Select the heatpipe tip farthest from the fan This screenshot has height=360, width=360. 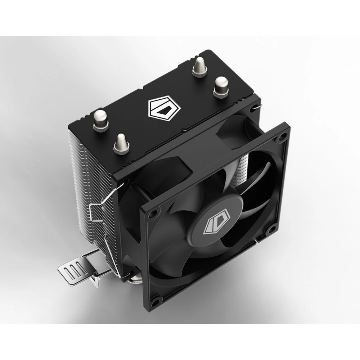pos(199,67)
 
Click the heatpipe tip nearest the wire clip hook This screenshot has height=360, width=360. pos(221,86)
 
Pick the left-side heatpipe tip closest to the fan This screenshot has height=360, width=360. pos(121,143)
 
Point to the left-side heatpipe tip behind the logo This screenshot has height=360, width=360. pos(100,120)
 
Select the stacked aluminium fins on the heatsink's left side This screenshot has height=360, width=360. pos(90,173)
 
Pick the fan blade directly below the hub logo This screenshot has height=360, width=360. pos(202,263)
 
